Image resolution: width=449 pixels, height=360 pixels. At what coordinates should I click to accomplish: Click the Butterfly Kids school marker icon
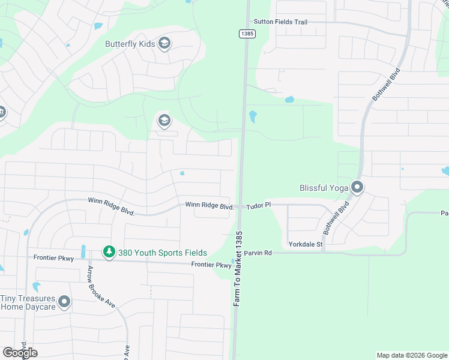[164, 44]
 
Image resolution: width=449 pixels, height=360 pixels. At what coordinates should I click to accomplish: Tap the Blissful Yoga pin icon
[358, 188]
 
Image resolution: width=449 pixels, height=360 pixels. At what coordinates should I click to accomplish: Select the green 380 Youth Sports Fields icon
[109, 253]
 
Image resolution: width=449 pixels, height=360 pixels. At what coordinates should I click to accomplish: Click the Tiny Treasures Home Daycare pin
[64, 302]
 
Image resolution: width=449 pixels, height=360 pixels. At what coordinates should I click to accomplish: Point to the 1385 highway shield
[247, 34]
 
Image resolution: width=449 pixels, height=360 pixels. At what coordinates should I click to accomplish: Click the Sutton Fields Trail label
[280, 22]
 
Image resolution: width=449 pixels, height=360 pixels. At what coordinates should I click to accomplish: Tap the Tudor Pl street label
[259, 205]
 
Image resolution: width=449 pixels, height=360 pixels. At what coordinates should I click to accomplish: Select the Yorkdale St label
[306, 244]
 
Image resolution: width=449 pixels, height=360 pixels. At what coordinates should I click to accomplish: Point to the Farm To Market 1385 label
[238, 269]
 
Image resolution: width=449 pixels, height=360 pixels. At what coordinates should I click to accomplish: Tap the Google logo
[20, 352]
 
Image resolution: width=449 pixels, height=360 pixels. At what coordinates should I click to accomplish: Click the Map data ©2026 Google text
[411, 355]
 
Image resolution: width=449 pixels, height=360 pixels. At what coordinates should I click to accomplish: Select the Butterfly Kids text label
[130, 44]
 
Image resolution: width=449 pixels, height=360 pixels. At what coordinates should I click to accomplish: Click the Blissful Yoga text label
[324, 188]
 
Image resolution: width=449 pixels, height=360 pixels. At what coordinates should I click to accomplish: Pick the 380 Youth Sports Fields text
[162, 253]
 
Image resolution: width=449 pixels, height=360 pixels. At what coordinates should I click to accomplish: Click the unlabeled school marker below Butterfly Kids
[164, 121]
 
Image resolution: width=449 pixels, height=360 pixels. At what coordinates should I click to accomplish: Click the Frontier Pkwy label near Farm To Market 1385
[211, 265]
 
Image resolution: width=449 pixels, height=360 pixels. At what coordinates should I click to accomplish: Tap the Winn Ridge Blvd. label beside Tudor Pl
[209, 205]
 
